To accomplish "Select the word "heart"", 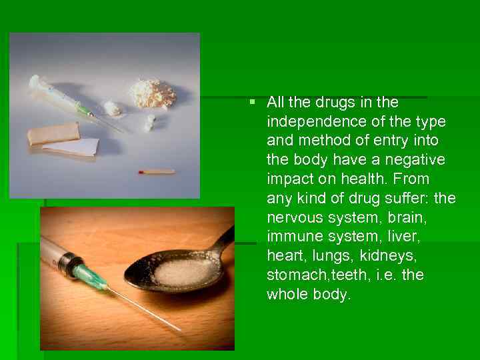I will (283, 256).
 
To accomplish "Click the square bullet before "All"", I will (251, 102).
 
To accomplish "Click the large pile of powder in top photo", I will (153, 93).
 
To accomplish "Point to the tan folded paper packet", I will (53, 133).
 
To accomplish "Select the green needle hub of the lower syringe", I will (89, 275).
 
